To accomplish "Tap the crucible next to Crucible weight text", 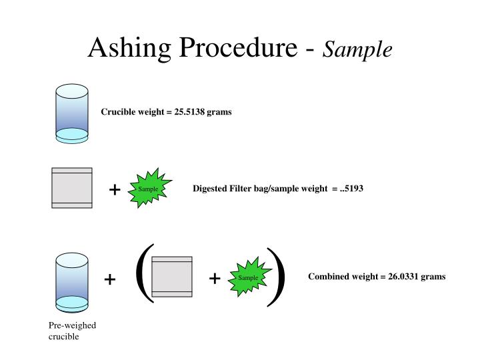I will click(71, 113).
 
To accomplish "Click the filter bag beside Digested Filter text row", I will click(71, 188).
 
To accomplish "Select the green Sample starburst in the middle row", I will click(149, 189).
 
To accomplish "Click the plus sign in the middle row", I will click(114, 190).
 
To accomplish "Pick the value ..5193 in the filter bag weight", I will click(351, 189).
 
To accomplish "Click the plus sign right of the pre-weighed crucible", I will click(110, 279).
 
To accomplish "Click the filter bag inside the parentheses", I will click(171, 276).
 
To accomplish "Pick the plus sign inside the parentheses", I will click(215, 279).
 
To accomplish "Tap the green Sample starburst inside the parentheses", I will click(249, 277).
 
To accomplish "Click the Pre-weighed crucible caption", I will click(72, 331).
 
